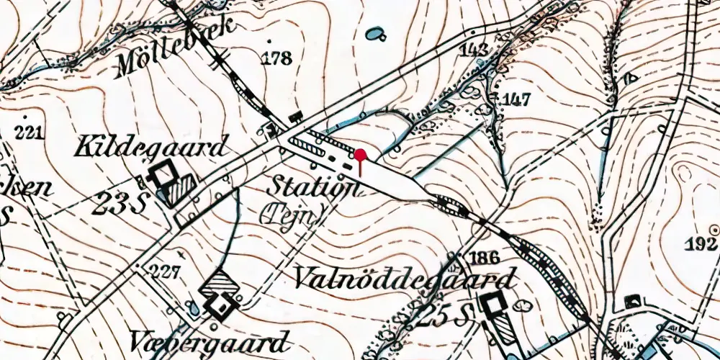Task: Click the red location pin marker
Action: [360, 155]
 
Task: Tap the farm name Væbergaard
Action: [210, 340]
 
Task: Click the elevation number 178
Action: [277, 58]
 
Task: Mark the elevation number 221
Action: [30, 132]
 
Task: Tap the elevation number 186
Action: [484, 258]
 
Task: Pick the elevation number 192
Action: [702, 244]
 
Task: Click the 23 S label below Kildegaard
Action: [120, 204]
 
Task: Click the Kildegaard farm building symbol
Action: [170, 181]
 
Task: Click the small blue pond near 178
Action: [374, 33]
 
